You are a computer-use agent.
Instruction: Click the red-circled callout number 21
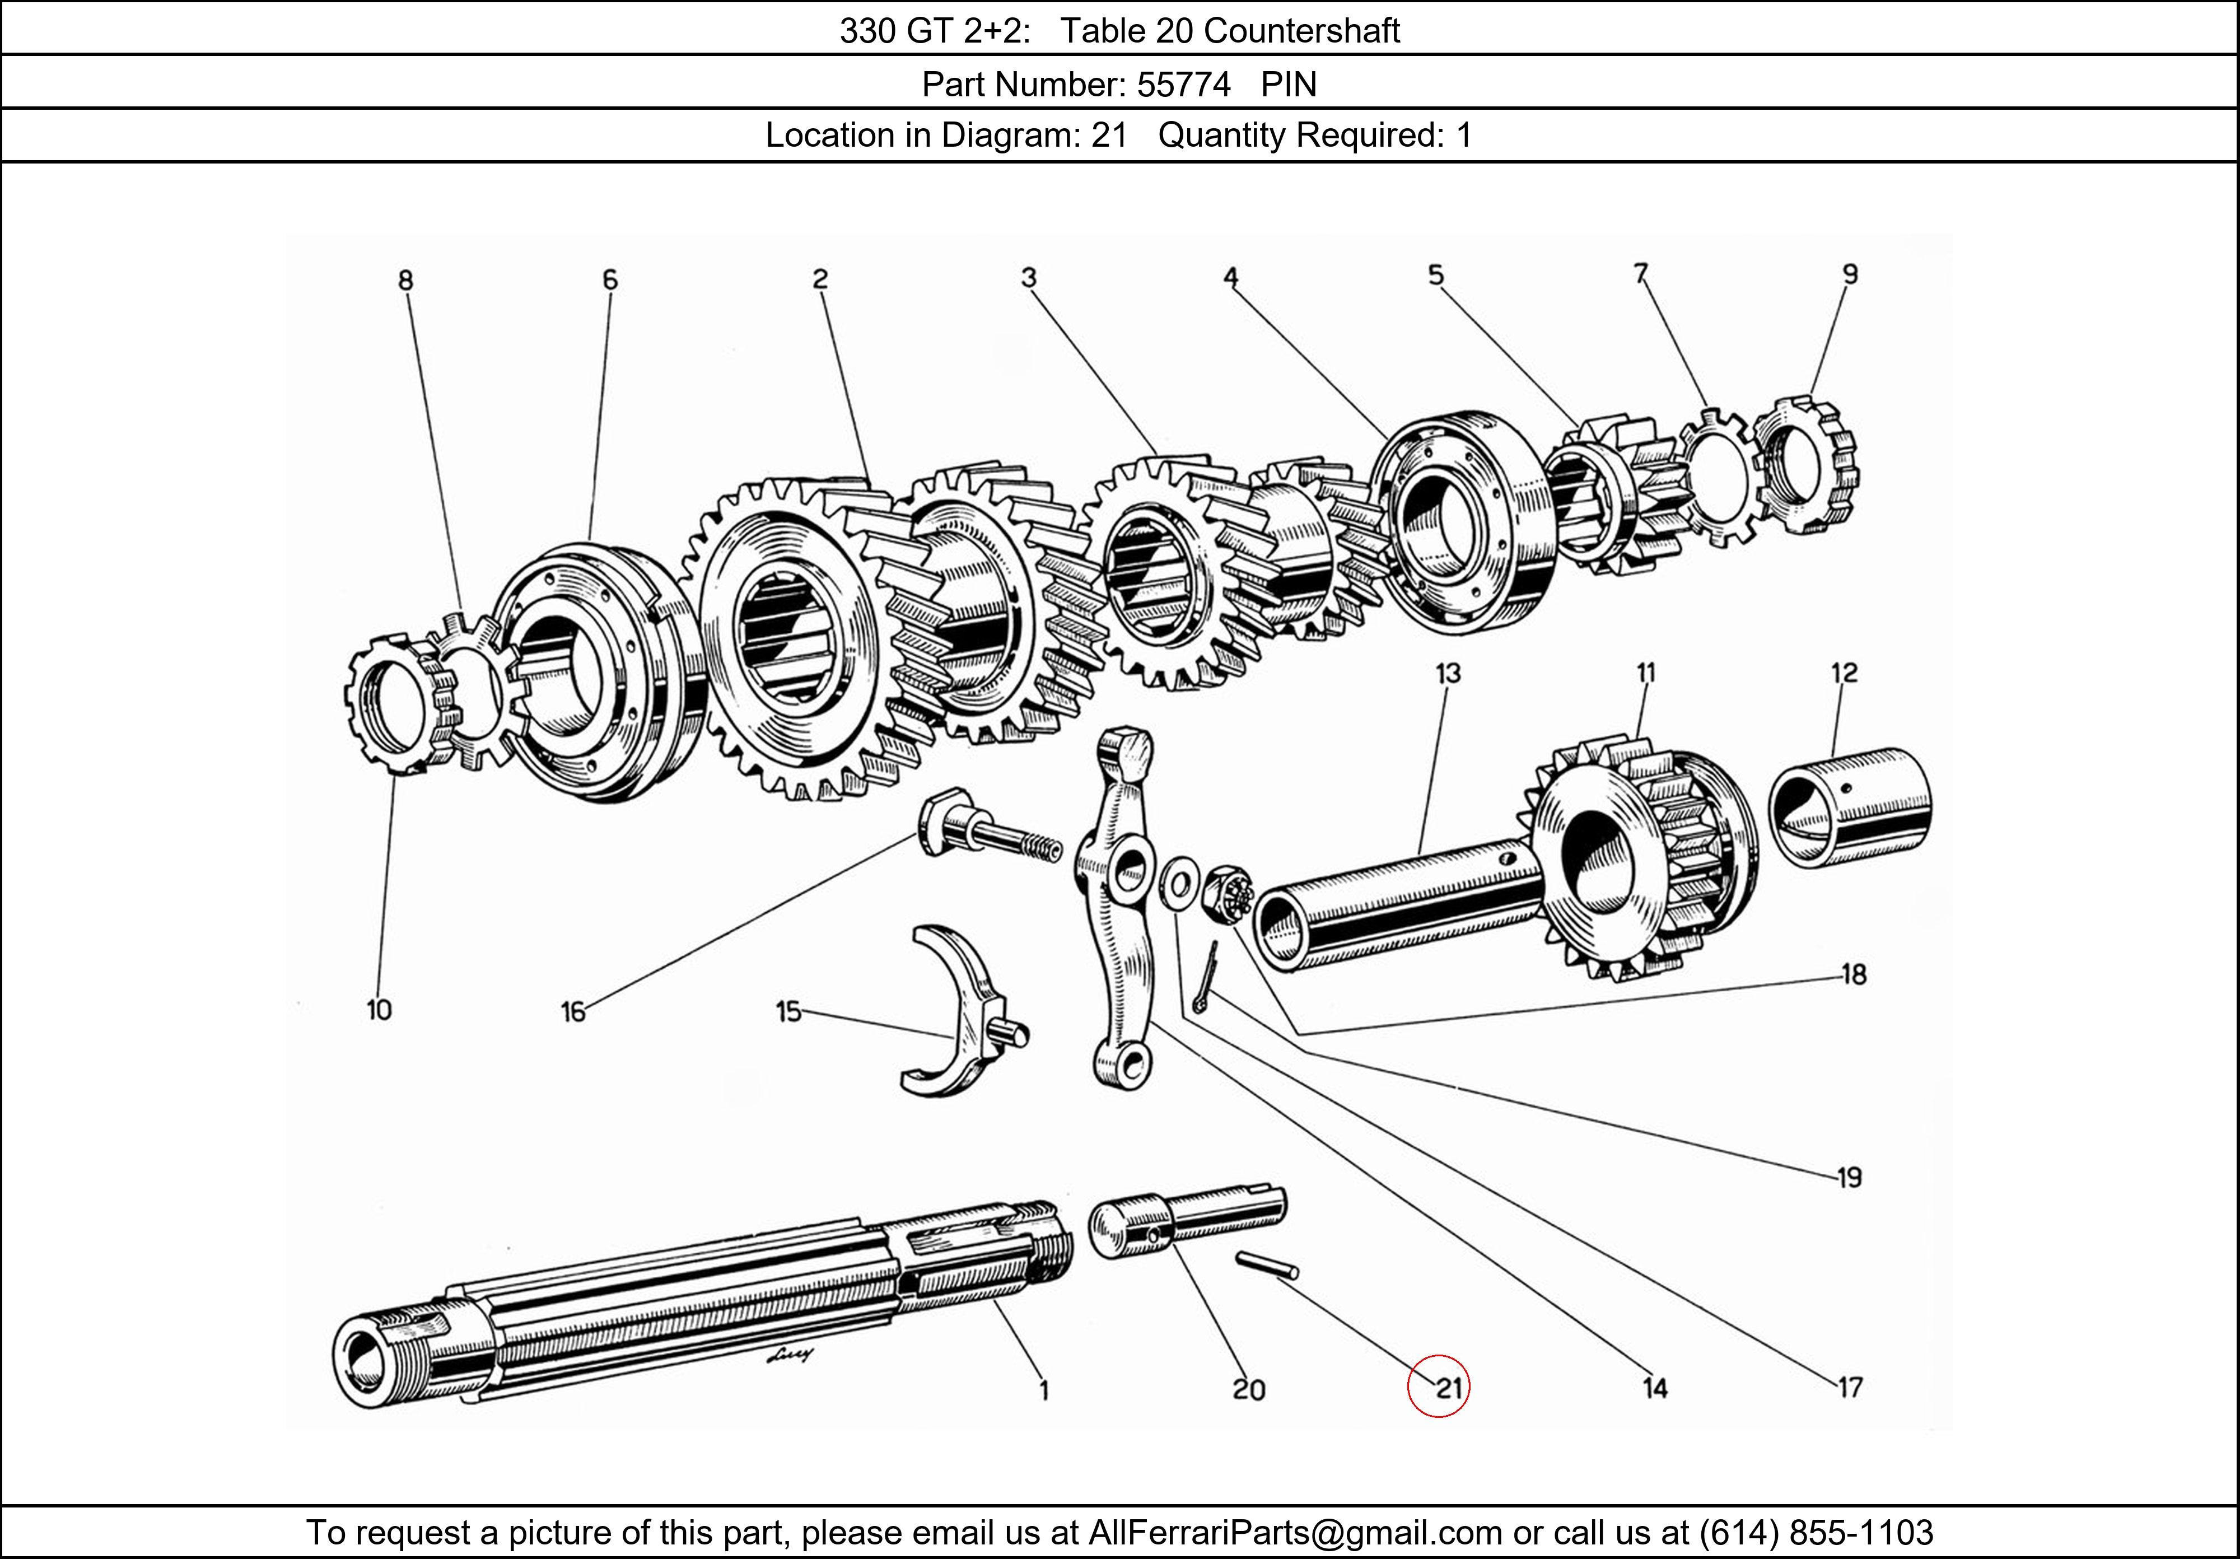point(1447,1387)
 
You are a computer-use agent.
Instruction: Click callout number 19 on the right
point(1848,1178)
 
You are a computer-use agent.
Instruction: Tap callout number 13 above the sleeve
point(1448,673)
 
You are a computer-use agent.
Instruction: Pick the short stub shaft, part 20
point(1186,1220)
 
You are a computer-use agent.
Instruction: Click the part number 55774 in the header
point(1183,85)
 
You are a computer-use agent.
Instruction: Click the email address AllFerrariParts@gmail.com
point(1295,1533)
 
